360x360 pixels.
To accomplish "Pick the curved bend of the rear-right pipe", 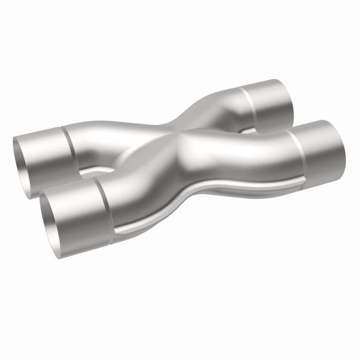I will coord(211,108).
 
